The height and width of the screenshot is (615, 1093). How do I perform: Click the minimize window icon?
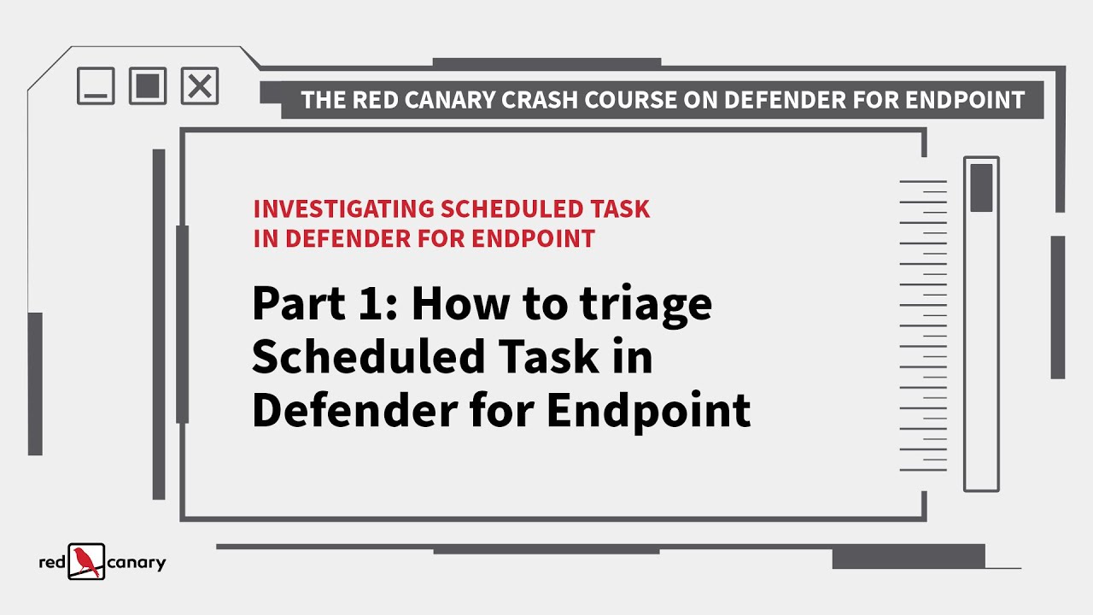coord(96,86)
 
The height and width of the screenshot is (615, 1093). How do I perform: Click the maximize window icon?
coord(148,86)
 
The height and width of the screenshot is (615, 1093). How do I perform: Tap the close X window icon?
coord(200,86)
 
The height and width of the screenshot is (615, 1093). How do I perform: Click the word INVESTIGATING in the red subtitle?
coord(343,209)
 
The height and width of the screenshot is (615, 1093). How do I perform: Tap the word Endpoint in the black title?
coord(648,412)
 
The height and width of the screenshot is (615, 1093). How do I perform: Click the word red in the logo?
coord(52,563)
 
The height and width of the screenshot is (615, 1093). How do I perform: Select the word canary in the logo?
coord(137,563)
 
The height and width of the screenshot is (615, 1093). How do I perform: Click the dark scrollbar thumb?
coord(981,188)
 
